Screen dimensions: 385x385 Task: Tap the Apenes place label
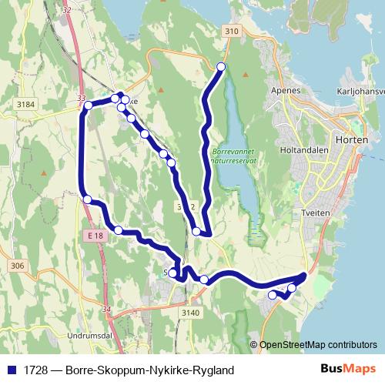285,90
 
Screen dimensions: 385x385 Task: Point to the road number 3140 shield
191,313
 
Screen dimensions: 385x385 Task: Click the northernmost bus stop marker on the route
222,67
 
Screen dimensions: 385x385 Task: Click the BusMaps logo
348,370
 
